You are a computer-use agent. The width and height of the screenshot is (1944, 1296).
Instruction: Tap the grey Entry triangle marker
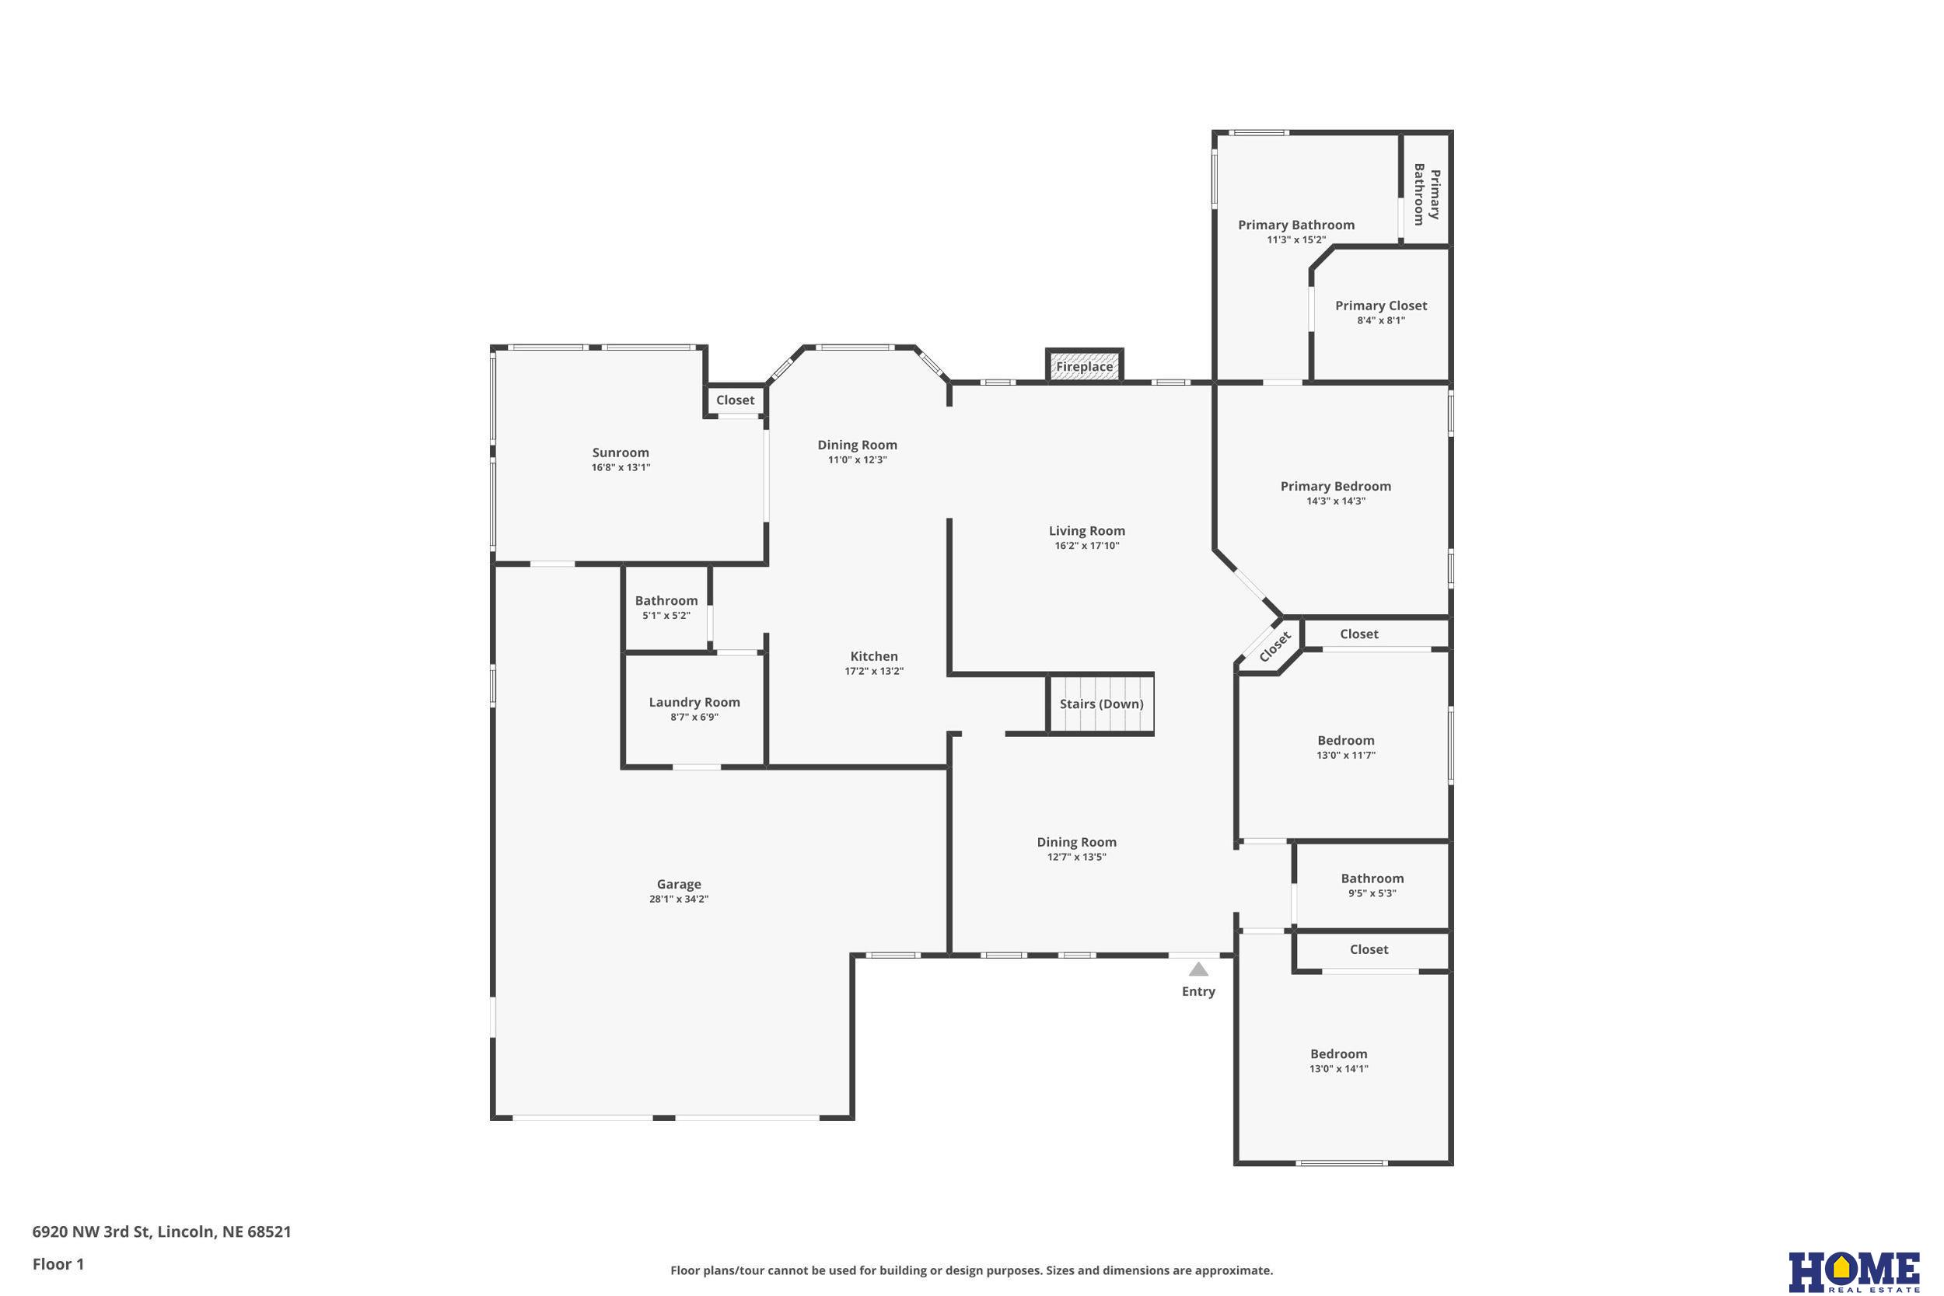[1198, 969]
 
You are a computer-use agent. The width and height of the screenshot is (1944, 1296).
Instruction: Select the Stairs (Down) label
[1101, 704]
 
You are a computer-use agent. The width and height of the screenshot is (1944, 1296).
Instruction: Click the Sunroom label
[620, 452]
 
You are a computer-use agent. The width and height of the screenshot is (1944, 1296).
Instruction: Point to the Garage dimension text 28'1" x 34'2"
[679, 900]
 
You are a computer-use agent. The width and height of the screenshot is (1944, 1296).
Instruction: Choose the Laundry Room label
[694, 703]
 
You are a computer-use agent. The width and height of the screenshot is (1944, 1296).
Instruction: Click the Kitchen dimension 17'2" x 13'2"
[874, 671]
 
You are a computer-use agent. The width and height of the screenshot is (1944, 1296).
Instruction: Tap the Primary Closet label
[1380, 306]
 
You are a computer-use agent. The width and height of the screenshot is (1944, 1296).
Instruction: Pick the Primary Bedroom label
[1335, 486]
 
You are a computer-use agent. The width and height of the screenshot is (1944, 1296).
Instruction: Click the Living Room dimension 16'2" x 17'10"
[1086, 546]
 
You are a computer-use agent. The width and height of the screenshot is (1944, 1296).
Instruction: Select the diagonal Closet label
[1274, 646]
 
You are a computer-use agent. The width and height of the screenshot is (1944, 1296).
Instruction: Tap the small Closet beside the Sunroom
[735, 400]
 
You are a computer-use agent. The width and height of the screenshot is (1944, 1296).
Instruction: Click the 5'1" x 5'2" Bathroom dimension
[666, 616]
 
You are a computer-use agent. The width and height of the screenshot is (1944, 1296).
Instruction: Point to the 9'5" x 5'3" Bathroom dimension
[1372, 893]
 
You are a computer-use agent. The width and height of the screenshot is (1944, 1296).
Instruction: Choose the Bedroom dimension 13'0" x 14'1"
[1338, 1069]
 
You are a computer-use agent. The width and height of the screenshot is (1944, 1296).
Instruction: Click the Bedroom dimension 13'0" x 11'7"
[1345, 756]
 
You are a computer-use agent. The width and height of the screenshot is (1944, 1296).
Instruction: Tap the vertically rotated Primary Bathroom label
[1427, 194]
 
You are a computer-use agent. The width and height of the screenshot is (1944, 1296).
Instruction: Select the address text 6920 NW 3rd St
[91, 1231]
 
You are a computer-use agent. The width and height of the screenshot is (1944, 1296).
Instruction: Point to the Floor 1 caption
[58, 1264]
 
